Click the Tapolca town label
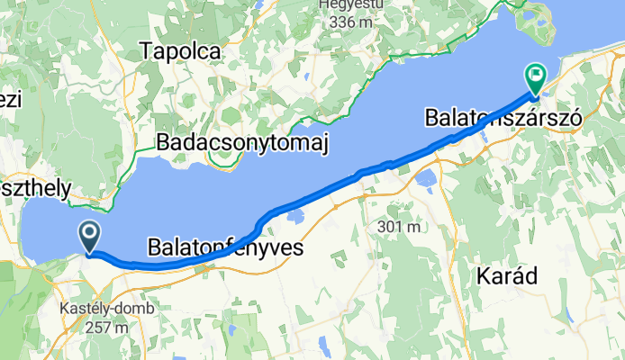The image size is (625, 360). tap(180, 52)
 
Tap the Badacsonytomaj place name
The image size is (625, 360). tap(242, 142)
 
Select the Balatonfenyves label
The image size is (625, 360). tap(224, 246)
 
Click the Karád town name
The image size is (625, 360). tap(510, 276)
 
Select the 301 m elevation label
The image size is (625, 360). tap(401, 227)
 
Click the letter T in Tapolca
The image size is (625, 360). tap(147, 52)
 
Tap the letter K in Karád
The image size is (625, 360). tap(481, 276)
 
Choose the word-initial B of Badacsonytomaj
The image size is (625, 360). tap(163, 142)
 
